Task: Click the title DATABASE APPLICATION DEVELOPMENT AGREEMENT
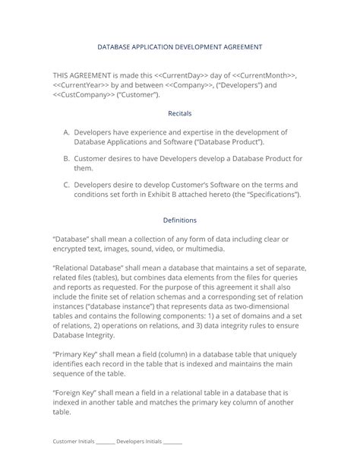pyautogui.click(x=180, y=46)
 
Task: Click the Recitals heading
pyautogui.click(x=180, y=113)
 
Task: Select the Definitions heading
pyautogui.click(x=180, y=220)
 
